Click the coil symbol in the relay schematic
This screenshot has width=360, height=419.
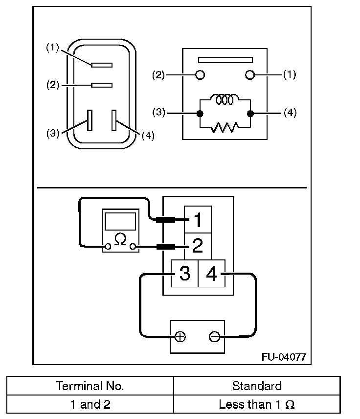pos(225,99)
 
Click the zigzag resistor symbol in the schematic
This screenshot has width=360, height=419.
pos(225,127)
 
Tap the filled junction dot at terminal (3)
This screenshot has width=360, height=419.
pos(200,114)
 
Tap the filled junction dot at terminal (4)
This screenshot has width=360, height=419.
pos(250,114)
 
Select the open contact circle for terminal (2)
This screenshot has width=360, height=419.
pos(200,75)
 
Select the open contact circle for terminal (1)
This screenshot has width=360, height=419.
pos(250,75)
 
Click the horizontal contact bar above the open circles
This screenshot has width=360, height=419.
pos(225,60)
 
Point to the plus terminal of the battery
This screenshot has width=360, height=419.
pos(180,337)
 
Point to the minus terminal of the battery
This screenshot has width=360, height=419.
pos(214,337)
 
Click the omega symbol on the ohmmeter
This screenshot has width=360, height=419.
pos(120,239)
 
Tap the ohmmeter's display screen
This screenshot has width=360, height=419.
pos(120,221)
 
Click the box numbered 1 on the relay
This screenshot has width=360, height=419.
pos(198,219)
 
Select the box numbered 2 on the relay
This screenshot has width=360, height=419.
pos(198,246)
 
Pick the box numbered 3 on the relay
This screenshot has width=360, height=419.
pos(184,273)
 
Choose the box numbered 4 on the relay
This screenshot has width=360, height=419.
pos(212,273)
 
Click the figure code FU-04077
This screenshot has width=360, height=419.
pos(284,357)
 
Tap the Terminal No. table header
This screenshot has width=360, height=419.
pos(90,386)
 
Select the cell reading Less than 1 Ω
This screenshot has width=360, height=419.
pos(257,405)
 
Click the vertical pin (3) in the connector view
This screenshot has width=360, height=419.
pos(90,120)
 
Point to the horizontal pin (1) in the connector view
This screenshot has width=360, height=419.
pos(102,65)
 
